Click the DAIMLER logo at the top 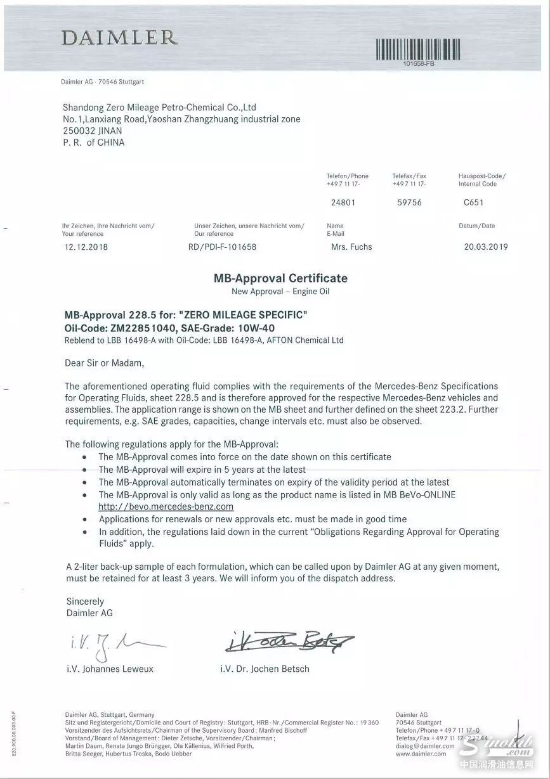[x=119, y=38]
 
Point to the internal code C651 [x=473, y=203]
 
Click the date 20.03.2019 [x=486, y=247]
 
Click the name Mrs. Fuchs [x=351, y=247]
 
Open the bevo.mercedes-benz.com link [x=166, y=507]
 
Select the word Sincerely [x=85, y=601]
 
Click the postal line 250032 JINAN [x=92, y=131]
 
